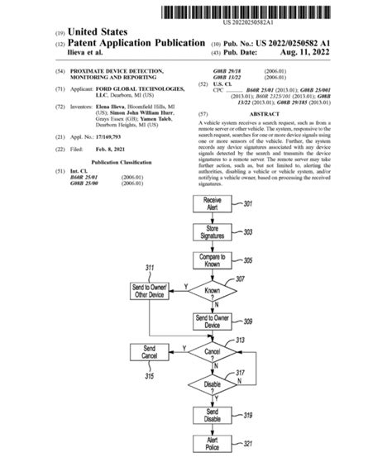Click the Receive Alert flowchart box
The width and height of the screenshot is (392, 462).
coord(212,203)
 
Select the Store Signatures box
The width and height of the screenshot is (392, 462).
coord(212,232)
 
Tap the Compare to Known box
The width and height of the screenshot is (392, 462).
coord(212,262)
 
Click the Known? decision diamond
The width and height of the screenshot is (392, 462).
coord(212,291)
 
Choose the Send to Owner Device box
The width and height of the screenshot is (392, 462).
coord(212,321)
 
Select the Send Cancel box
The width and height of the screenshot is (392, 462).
coord(149,353)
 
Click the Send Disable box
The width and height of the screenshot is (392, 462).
coord(212,415)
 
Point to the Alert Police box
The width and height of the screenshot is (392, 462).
coord(212,445)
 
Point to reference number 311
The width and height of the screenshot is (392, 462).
coord(149,269)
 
